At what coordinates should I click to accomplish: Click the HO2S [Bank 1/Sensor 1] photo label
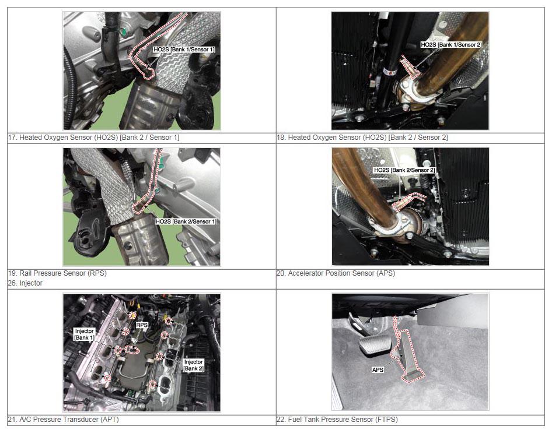(184, 50)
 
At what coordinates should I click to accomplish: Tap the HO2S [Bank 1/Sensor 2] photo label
(451, 45)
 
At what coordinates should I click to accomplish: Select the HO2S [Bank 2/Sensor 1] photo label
(186, 221)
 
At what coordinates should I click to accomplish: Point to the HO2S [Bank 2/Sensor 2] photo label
(404, 170)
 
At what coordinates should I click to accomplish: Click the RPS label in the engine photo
(142, 325)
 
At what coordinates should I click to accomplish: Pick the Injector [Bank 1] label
(85, 335)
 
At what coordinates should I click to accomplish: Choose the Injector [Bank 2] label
(193, 365)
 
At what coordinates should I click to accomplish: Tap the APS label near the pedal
(378, 369)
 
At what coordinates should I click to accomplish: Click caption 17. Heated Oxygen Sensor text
(93, 138)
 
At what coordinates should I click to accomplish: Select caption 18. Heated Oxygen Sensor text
(362, 138)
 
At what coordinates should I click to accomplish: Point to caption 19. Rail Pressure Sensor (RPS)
(57, 273)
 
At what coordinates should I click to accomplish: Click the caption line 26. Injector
(25, 283)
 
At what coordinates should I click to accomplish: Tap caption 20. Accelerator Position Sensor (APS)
(336, 273)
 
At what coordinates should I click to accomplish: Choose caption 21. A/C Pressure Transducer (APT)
(64, 419)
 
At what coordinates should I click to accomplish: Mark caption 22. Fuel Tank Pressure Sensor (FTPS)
(337, 419)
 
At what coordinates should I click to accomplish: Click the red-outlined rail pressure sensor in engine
(132, 349)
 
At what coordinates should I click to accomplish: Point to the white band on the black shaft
(389, 72)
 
